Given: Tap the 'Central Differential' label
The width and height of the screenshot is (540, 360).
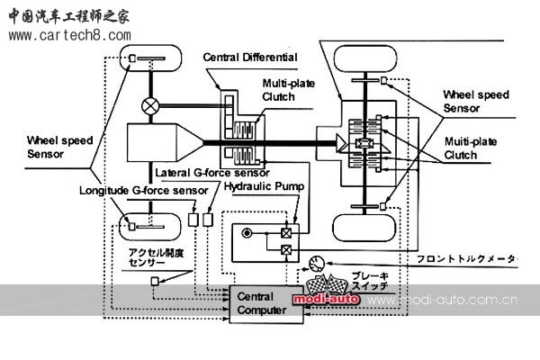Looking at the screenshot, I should pyautogui.click(x=250, y=58).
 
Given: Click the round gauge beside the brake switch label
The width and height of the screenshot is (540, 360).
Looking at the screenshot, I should pyautogui.click(x=315, y=264).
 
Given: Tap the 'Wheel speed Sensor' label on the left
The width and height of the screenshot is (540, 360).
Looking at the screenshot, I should pyautogui.click(x=43, y=147).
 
